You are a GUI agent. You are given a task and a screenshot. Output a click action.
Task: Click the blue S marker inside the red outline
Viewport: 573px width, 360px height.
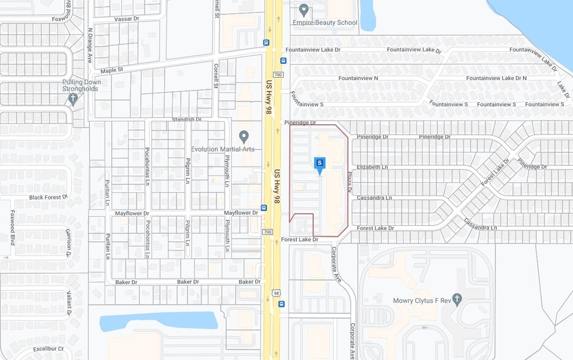click(319, 163)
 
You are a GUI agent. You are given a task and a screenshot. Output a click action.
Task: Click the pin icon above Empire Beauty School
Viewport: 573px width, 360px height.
click(304, 10)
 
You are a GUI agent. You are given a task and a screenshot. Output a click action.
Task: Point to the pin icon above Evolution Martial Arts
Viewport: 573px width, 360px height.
click(244, 136)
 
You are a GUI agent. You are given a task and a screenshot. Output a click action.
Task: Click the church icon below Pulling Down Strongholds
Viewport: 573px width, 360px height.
click(73, 98)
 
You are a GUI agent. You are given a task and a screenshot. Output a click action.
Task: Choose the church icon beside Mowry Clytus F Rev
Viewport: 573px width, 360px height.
click(457, 298)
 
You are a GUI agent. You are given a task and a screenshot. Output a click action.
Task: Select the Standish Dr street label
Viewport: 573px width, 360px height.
click(187, 119)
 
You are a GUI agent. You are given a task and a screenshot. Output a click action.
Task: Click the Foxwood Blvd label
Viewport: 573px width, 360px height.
click(12, 227)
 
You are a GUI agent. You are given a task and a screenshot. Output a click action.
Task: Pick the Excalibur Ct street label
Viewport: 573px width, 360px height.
click(48, 349)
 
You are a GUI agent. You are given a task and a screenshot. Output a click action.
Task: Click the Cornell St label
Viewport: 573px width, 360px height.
click(216, 76)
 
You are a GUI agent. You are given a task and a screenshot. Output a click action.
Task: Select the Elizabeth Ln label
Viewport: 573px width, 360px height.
click(372, 167)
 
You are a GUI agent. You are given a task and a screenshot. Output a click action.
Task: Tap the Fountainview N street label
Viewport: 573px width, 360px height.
click(358, 78)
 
